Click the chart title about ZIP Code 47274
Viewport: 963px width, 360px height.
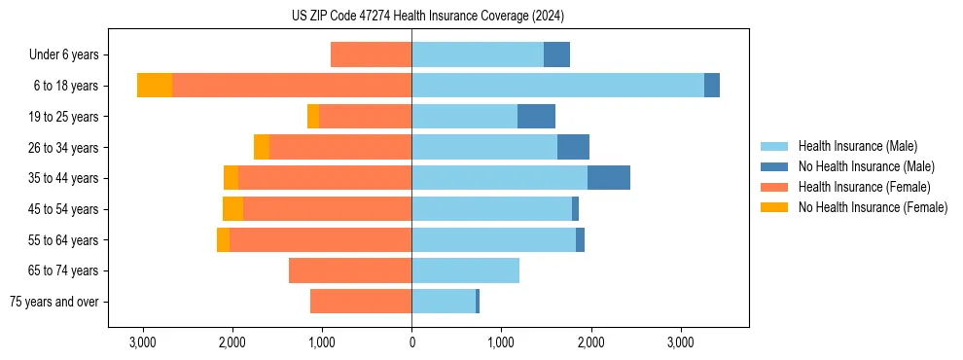(427, 16)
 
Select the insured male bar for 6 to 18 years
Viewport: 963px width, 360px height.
(557, 86)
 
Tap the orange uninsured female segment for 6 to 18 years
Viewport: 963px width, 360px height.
(154, 86)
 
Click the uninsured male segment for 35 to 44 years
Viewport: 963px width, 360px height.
(609, 178)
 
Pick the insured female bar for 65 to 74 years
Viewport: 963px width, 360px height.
(350, 270)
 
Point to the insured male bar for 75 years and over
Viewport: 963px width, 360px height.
(444, 302)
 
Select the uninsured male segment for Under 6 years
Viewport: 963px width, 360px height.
(556, 54)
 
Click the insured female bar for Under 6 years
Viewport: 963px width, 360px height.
(371, 54)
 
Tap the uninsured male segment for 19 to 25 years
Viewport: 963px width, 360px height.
(536, 117)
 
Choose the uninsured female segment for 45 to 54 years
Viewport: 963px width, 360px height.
(232, 209)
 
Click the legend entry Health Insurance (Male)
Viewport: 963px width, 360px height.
(857, 146)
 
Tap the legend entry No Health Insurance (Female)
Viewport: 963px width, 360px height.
(873, 207)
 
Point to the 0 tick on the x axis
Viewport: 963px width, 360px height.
(411, 342)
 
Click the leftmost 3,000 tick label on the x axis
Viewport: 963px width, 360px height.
(143, 342)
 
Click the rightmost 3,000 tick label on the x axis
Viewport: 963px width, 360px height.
(680, 342)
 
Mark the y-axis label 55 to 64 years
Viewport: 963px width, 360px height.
(63, 240)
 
